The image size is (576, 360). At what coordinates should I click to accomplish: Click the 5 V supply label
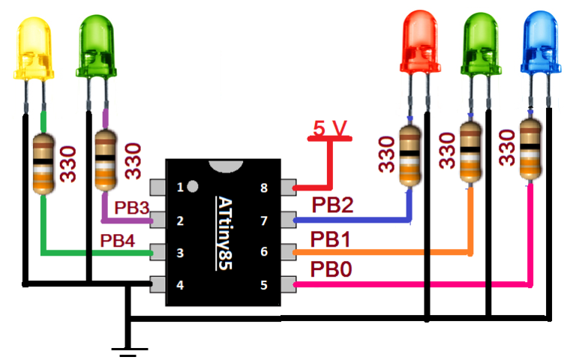click(329, 130)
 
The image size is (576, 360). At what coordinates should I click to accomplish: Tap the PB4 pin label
click(117, 241)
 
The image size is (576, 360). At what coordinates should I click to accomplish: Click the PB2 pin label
click(330, 205)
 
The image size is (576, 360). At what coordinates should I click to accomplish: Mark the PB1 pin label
click(330, 238)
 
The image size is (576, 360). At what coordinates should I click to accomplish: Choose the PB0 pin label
click(330, 268)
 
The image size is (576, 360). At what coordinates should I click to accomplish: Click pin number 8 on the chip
click(264, 188)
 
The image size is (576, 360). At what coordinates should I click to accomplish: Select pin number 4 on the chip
click(180, 285)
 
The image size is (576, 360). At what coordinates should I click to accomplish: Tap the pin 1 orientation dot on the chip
click(193, 185)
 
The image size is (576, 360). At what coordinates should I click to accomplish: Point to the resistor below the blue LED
click(530, 150)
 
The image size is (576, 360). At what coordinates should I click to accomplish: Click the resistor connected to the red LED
click(409, 155)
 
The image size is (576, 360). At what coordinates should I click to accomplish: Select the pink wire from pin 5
click(412, 285)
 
